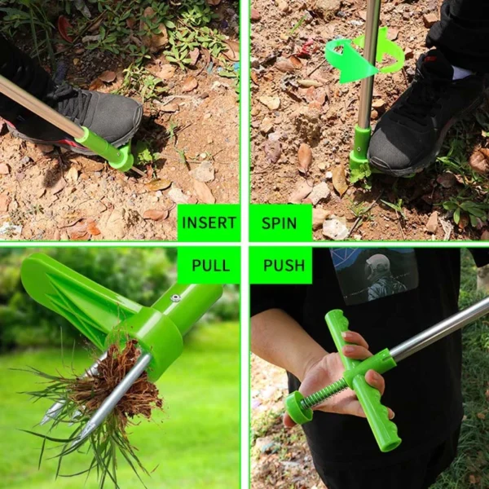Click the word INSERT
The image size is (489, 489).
(x=209, y=222)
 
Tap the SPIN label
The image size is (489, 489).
(x=279, y=223)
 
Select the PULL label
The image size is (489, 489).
(x=211, y=266)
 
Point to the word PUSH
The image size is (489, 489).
(x=284, y=266)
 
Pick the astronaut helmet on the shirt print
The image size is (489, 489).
(x=377, y=266)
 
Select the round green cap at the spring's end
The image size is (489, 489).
(x=297, y=407)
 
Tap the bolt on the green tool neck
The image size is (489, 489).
(x=175, y=298)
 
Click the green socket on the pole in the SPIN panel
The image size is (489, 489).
(x=360, y=148)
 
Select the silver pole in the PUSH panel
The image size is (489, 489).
(x=440, y=328)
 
